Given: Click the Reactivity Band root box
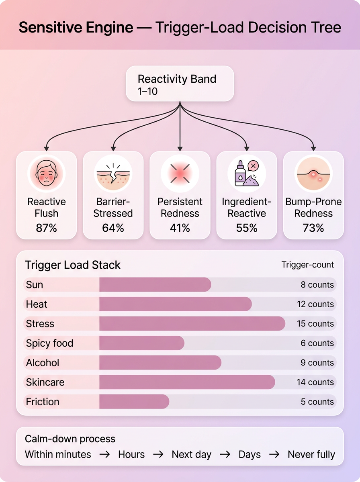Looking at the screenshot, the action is coord(180,84).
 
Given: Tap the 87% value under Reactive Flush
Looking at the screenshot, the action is coord(46,228).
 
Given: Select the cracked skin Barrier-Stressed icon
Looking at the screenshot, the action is coord(113,174).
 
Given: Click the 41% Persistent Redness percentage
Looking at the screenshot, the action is coord(180,228).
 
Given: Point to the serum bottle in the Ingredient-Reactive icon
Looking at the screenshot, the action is coord(240,174).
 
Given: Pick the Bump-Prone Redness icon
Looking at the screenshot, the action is coord(313,174).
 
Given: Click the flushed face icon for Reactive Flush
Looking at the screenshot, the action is coord(46,174).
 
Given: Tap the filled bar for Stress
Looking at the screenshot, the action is coord(192,323).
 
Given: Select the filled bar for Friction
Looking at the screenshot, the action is coord(134,402).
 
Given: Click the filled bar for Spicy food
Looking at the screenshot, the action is coord(142,343).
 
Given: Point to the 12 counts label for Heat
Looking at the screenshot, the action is coord(315,304).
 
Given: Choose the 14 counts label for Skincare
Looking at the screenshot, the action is coord(315,382).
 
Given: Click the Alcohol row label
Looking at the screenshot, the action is coord(43,363).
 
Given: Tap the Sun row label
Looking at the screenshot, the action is coord(34,285).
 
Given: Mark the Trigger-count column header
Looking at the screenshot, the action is coord(307,265).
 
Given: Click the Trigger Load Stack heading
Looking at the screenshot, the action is coord(72,265).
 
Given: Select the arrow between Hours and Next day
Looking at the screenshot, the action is coord(158,454).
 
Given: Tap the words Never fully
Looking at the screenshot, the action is coord(311,454).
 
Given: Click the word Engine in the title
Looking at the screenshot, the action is coord(109,27).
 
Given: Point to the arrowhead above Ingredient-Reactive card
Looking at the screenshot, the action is coord(247,149).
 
